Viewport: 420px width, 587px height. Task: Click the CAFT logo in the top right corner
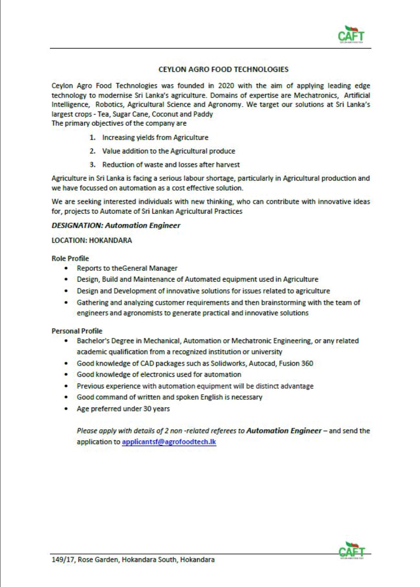[351, 35]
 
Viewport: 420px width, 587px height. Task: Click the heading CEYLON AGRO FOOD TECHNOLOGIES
[223, 70]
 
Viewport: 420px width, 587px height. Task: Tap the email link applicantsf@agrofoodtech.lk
[169, 442]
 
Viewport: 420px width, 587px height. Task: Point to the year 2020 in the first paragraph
[226, 85]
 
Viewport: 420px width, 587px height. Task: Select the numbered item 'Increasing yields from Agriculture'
[155, 138]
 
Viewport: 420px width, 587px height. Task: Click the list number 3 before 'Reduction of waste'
[93, 165]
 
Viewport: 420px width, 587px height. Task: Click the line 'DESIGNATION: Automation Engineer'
[116, 225]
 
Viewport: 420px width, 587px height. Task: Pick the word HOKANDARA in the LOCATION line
[110, 240]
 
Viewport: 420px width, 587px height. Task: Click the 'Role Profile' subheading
[70, 258]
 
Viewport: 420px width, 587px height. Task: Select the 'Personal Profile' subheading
[77, 331]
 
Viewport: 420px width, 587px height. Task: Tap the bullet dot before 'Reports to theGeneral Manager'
[67, 268]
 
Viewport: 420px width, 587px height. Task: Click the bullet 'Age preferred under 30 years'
[123, 409]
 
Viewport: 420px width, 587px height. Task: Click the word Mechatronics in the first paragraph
[315, 95]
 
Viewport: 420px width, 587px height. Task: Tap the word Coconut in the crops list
[165, 114]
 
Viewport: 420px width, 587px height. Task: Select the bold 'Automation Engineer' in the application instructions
[284, 431]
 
